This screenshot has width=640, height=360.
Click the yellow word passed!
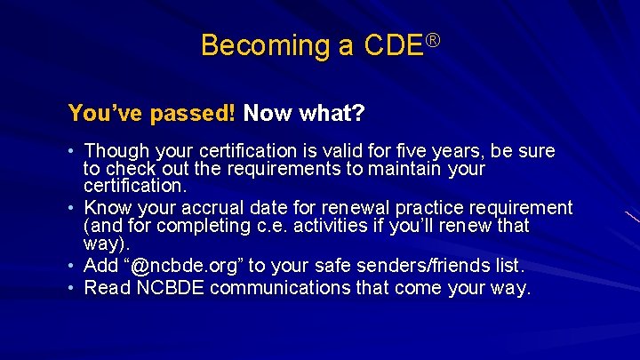[x=193, y=114]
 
